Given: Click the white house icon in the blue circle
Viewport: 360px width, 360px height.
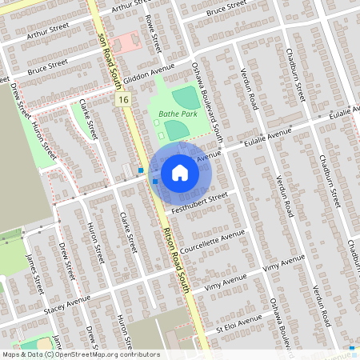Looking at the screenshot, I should click(x=179, y=173).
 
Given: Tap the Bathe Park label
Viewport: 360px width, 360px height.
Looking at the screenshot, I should click(x=174, y=114).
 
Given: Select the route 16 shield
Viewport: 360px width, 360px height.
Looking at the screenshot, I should click(x=122, y=100).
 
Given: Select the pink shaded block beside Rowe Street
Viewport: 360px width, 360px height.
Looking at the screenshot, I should click(x=124, y=43).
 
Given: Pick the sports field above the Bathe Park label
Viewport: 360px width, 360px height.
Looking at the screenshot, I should click(x=186, y=98).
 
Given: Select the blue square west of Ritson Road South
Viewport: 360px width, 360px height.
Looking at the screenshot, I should click(x=141, y=170).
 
